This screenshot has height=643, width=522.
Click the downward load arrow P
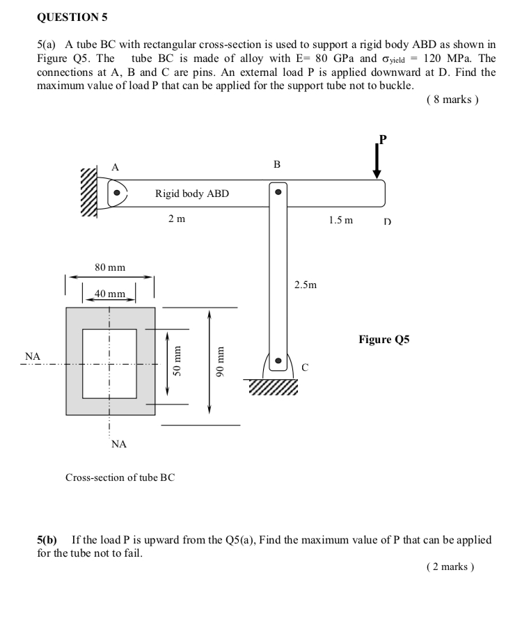click(x=377, y=161)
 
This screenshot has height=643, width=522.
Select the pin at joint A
click(x=117, y=192)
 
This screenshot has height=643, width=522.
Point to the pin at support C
click(x=278, y=361)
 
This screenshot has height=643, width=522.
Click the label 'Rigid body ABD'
click(x=191, y=193)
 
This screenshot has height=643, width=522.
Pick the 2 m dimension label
click(x=177, y=219)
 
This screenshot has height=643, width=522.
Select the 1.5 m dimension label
click(x=341, y=220)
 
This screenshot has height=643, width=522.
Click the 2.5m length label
click(x=306, y=285)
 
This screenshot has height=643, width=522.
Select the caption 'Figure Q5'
click(x=384, y=340)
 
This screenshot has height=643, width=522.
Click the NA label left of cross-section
click(x=33, y=356)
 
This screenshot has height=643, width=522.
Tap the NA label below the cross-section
click(x=119, y=444)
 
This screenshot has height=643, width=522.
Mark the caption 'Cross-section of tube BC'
click(x=120, y=478)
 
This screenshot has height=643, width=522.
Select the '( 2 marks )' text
click(x=450, y=566)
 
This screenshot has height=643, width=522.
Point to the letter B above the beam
click(x=277, y=165)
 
